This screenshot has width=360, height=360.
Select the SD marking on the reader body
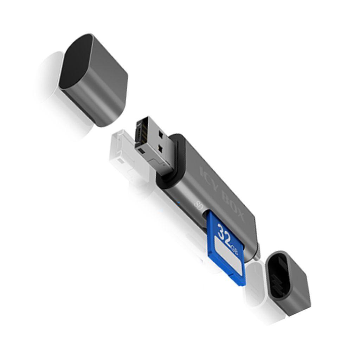tap(198, 205)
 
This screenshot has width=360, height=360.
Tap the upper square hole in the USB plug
tap(160, 134)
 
